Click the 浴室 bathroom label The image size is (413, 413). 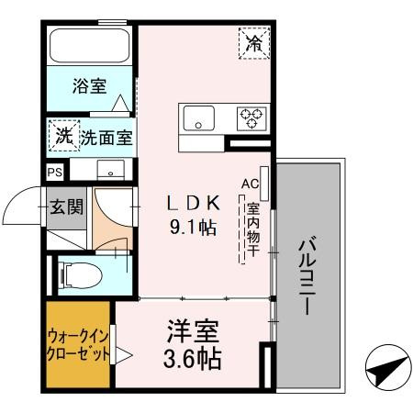[89, 87]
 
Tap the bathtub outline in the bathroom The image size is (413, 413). [89, 47]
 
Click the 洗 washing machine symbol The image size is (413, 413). [62, 137]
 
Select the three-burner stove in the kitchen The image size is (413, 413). [251, 117]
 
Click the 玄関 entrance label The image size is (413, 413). [67, 207]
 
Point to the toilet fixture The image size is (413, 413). [76, 273]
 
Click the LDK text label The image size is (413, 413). [191, 203]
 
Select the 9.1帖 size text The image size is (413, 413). [191, 227]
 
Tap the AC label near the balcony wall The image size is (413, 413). [250, 184]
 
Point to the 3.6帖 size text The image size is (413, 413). [192, 358]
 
